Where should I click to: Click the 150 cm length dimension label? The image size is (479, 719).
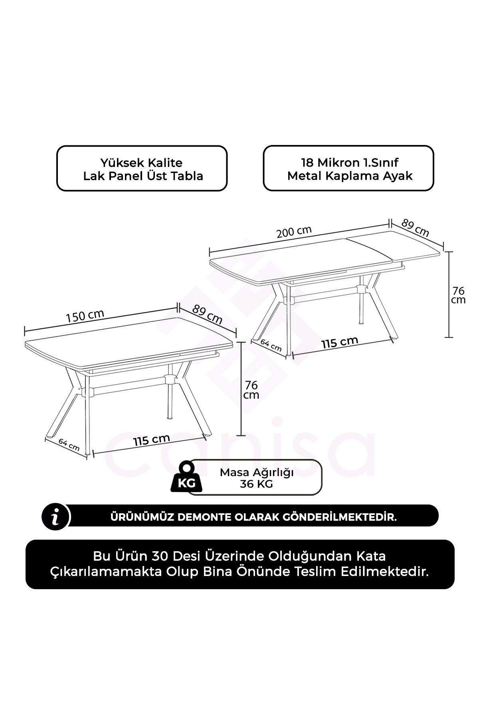pos(85,315)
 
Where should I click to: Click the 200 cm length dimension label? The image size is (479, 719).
pos(294,232)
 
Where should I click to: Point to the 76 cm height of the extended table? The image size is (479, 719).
pos(458,295)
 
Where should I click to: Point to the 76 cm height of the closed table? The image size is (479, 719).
pos(251,390)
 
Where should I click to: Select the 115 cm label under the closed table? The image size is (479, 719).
pos(152,440)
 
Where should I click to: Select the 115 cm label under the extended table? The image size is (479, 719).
pos(340,342)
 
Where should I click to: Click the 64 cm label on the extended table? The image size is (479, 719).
pos(271,345)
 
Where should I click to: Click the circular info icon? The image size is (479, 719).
pos(56,517)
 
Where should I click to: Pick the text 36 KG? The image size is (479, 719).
pos(256,484)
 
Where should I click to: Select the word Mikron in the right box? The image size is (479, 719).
pos(338,163)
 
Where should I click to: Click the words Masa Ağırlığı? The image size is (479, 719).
pos(257,473)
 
